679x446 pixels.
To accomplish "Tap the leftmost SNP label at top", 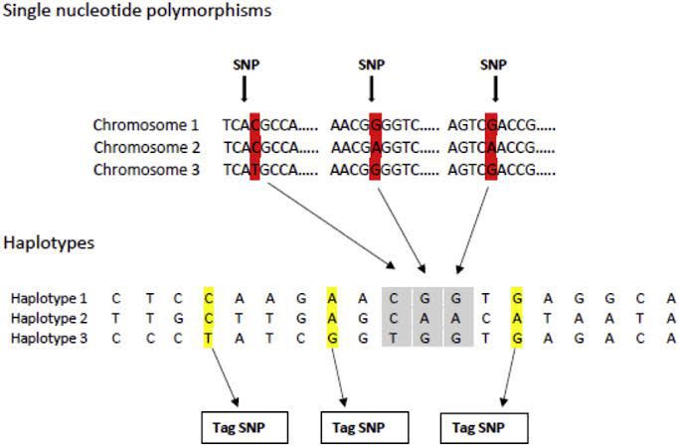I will point(244,65).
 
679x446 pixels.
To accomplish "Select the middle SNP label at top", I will point(371,65).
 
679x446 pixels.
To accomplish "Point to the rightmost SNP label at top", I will point(493,65).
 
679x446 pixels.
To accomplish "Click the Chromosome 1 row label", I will point(146,126).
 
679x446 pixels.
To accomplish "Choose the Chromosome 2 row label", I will point(146,147).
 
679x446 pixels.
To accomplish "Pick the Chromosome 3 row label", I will point(146,169).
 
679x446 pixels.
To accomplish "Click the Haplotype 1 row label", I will point(50,298).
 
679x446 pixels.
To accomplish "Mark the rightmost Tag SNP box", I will point(483,427).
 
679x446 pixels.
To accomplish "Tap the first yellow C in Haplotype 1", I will point(208,298).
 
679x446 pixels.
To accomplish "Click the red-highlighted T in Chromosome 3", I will point(255,169).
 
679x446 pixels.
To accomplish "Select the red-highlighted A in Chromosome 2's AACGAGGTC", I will point(376,147).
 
